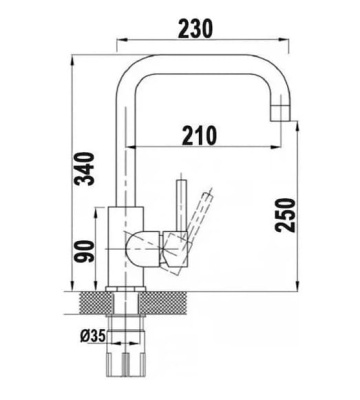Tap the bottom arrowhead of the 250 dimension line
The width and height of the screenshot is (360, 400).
coord(301,286)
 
